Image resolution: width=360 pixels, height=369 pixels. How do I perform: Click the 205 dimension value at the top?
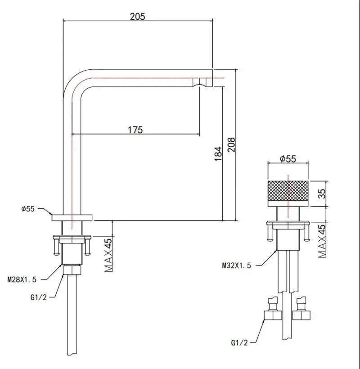137,17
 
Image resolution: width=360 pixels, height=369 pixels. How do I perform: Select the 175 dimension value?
135,130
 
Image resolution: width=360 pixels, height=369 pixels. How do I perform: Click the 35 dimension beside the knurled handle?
321,193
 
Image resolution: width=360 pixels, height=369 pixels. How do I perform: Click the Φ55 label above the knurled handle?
288,158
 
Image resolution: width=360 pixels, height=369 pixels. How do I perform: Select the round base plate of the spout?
72,217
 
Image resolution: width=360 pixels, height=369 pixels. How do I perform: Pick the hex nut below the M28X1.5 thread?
72,270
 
